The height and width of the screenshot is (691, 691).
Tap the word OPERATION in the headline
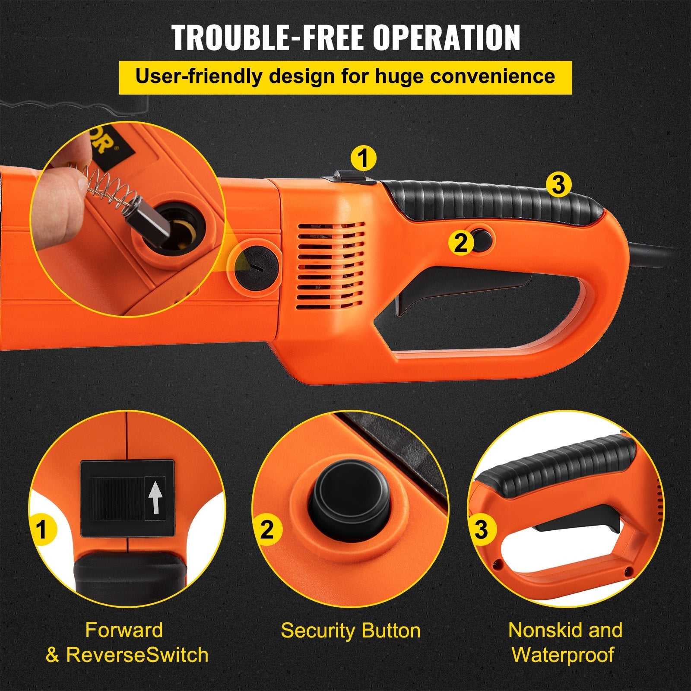pos(447,38)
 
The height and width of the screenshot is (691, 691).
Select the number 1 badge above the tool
pos(363,158)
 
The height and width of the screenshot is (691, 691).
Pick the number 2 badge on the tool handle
pos(461,243)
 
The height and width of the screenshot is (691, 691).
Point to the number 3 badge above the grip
pos(558,185)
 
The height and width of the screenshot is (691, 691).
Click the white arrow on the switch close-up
pos(155,498)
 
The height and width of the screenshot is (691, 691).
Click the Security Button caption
pos(350,631)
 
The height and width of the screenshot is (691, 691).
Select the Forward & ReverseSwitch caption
pos(127,642)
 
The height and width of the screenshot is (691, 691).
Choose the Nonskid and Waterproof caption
pos(565,642)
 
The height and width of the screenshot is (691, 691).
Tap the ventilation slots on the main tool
pos(331,268)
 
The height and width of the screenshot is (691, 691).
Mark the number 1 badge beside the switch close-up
pos(42,529)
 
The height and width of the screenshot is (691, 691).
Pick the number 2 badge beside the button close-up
pos(267,529)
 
